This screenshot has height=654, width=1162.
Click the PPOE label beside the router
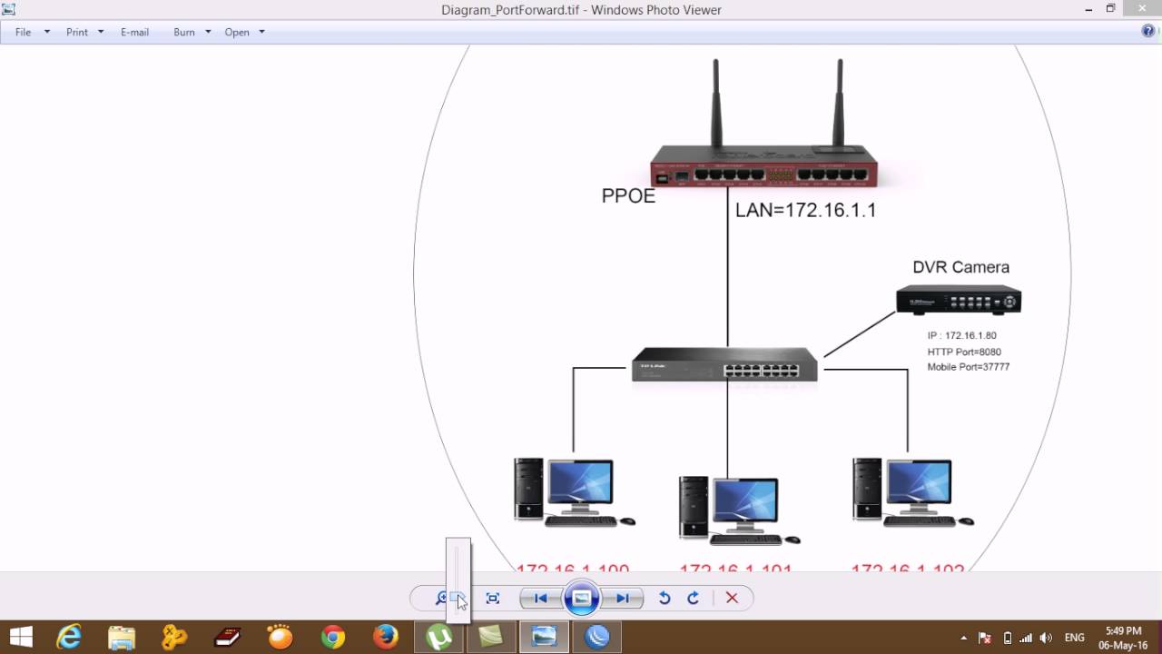pyautogui.click(x=628, y=196)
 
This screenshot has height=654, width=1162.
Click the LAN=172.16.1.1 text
pyautogui.click(x=805, y=210)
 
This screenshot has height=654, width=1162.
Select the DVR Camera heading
pyautogui.click(x=960, y=267)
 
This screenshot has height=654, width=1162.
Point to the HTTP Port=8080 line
pyautogui.click(x=964, y=352)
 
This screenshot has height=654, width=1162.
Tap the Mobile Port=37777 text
pyautogui.click(x=968, y=367)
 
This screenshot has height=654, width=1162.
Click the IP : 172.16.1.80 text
pyautogui.click(x=961, y=336)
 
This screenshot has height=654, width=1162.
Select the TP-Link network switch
pyautogui.click(x=724, y=364)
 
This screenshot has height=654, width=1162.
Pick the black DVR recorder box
pyautogui.click(x=959, y=300)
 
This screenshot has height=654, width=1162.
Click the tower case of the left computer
pyautogui.click(x=528, y=489)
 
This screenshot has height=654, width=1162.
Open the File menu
pyautogui.click(x=24, y=32)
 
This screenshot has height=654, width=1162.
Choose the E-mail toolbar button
pyautogui.click(x=134, y=32)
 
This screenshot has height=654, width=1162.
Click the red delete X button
pyautogui.click(x=732, y=598)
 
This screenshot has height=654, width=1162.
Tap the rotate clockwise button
pyautogui.click(x=694, y=598)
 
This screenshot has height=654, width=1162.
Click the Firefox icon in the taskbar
pyautogui.click(x=386, y=637)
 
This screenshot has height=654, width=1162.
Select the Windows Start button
pyautogui.click(x=21, y=637)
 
